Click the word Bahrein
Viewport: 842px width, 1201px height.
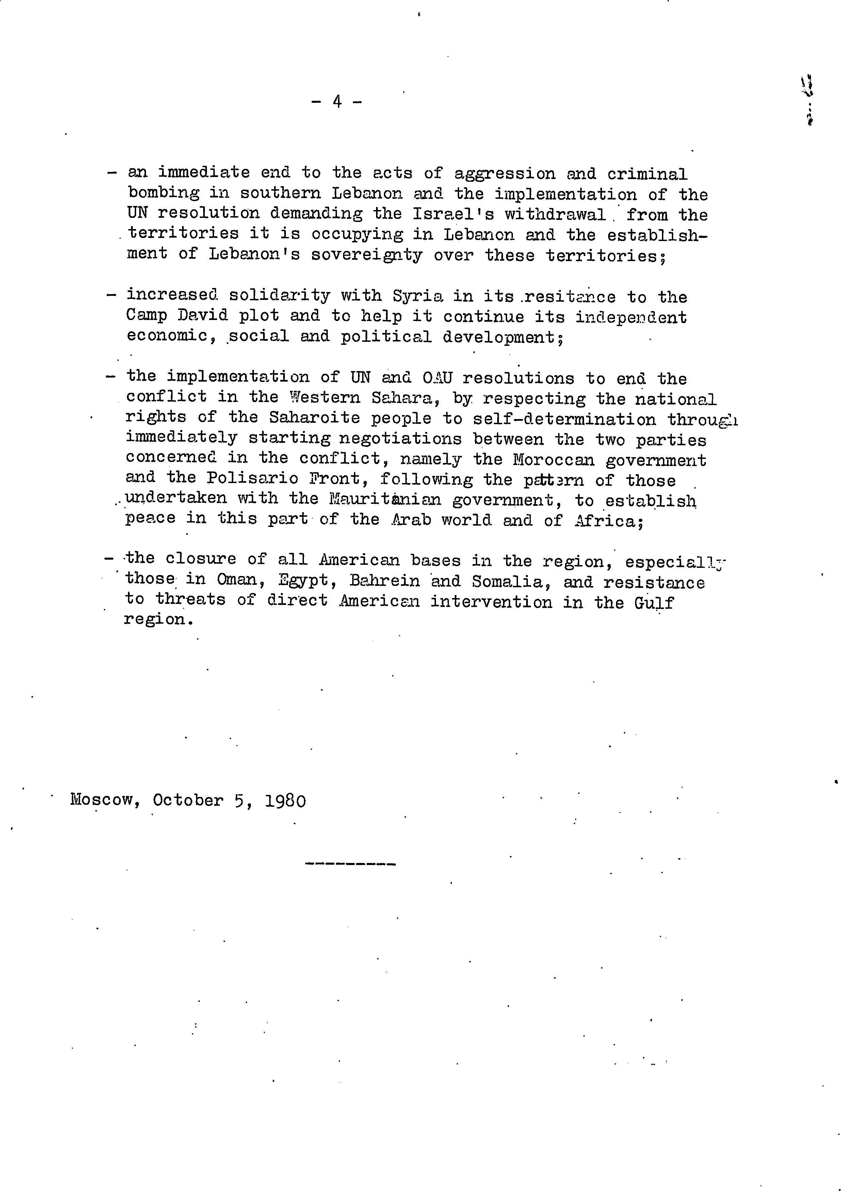tap(384, 581)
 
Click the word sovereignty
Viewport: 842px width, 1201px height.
tap(366, 256)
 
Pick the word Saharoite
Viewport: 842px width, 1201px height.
tap(314, 418)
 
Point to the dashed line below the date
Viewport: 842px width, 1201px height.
tap(350, 864)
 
